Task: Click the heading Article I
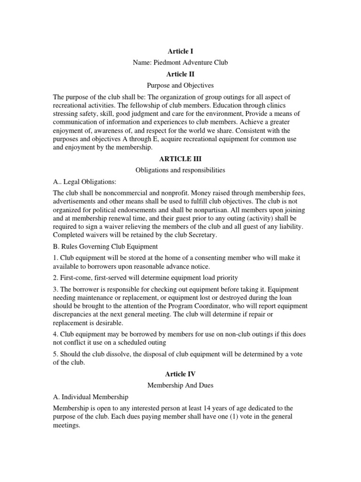click(180, 50)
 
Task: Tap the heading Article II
click(180, 74)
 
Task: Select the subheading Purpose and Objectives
click(180, 86)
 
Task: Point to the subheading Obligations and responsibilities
click(180, 170)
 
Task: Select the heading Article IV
click(180, 374)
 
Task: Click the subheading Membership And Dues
click(180, 385)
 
